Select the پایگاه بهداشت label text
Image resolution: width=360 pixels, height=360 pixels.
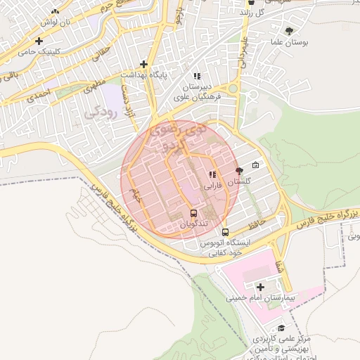(146, 74)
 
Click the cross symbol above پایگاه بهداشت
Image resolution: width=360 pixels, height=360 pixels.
(144, 63)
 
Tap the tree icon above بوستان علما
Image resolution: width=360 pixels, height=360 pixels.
(289, 31)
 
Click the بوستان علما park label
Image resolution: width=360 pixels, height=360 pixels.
(289, 43)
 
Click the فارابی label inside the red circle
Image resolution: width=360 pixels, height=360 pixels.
(212, 187)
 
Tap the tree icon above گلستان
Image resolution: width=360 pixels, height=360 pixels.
(239, 170)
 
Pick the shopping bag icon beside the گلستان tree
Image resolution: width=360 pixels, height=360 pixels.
(255, 166)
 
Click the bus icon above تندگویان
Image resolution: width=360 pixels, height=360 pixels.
(193, 213)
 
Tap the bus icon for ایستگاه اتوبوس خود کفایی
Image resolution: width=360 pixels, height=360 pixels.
(225, 232)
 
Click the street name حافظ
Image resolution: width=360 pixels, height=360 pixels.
(256, 224)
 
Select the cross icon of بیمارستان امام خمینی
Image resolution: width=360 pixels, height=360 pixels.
(261, 287)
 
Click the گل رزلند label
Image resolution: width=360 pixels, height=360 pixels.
(269, 13)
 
